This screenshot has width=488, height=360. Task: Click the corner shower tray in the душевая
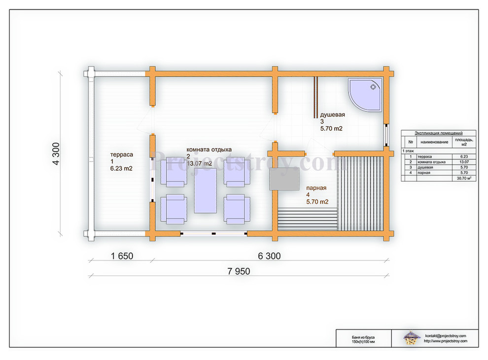pyautogui.click(x=365, y=95)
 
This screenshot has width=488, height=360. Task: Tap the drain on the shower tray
pyautogui.click(x=373, y=87)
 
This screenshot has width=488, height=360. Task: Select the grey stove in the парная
pyautogui.click(x=284, y=179)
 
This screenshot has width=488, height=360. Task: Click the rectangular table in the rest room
pyautogui.click(x=206, y=190)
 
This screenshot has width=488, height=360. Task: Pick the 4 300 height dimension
pyautogui.click(x=56, y=153)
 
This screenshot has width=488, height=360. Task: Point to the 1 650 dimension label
pyautogui.click(x=122, y=256)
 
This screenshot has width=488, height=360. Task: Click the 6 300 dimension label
pyautogui.click(x=269, y=256)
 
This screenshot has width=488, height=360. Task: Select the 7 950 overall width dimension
pyautogui.click(x=239, y=271)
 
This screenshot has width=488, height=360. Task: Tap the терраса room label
pyautogui.click(x=122, y=154)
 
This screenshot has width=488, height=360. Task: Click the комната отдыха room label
pyautogui.click(x=209, y=149)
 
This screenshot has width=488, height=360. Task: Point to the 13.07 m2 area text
pyautogui.click(x=199, y=164)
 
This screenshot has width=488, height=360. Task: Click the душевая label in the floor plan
pyautogui.click(x=332, y=114)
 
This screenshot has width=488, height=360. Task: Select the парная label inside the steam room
pyautogui.click(x=316, y=188)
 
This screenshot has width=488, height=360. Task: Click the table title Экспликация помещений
pyautogui.click(x=439, y=133)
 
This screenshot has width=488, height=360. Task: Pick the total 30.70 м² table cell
pyautogui.click(x=464, y=179)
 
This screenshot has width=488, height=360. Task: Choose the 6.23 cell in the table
pyautogui.click(x=464, y=157)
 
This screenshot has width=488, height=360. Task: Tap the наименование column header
pyautogui.click(x=434, y=142)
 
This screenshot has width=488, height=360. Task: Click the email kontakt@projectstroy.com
pyautogui.click(x=446, y=336)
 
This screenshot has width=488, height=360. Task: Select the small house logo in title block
pyautogui.click(x=411, y=338)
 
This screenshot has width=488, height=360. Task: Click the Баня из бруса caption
pyautogui.click(x=363, y=337)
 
